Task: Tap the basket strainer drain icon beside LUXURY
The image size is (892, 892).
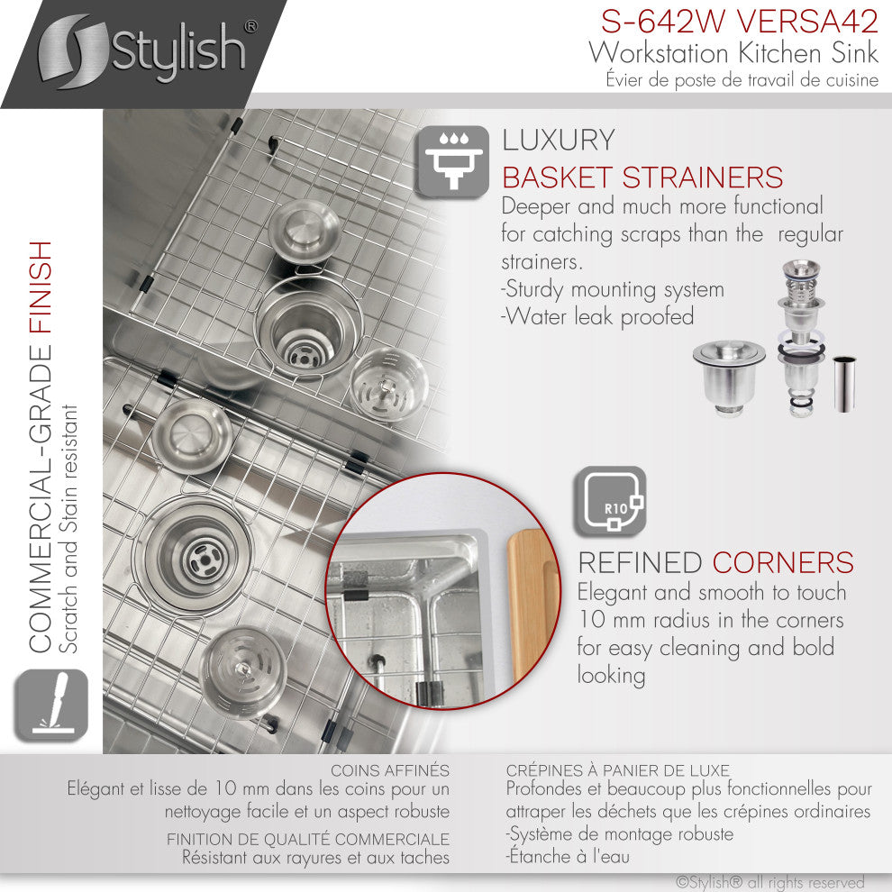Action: point(452,159)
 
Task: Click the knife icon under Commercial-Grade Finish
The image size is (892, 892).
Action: point(50,705)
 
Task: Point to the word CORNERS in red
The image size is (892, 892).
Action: point(782,562)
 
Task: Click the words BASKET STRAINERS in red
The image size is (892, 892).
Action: point(642,177)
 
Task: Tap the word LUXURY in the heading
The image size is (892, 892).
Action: point(559,141)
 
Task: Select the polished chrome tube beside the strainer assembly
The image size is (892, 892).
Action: point(844,384)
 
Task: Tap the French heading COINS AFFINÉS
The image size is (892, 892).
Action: point(389,770)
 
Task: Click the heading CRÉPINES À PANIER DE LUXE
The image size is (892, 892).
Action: point(617,770)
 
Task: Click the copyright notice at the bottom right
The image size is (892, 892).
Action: point(769,882)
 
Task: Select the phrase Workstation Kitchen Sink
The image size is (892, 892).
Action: point(733,52)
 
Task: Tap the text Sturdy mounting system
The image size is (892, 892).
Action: point(613,290)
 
